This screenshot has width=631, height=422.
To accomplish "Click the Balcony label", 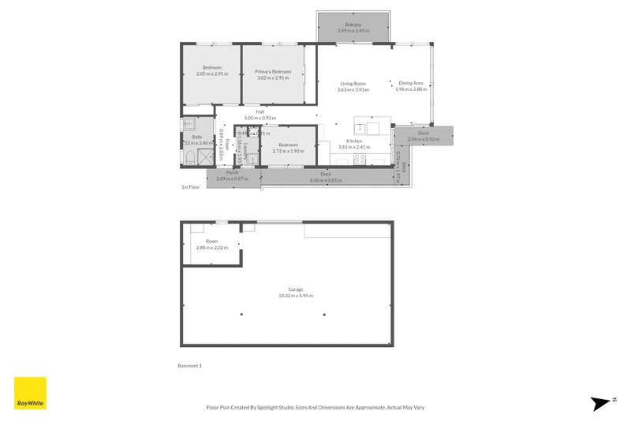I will coord(353,25).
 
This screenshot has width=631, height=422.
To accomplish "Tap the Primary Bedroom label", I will coord(273,71).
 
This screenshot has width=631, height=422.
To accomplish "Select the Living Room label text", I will coord(353,84).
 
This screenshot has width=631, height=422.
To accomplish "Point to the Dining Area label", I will coord(411,84).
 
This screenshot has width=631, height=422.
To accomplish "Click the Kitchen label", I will coord(353,141).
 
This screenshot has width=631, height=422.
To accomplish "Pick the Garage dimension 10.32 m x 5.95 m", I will coord(296,296).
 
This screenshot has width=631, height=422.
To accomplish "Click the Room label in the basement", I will coord(211,242).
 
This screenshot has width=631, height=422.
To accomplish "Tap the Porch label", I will coord(232,173).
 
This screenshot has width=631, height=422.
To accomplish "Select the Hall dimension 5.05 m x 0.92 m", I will coord(260,118).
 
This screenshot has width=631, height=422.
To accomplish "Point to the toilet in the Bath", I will coord(189,158).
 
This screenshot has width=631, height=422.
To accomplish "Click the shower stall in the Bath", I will coord(207,156).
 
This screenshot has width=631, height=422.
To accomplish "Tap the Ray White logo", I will coord(30,393).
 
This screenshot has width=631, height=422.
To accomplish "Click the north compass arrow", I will coord(602,403).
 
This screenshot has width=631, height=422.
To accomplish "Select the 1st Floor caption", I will coord(191,187).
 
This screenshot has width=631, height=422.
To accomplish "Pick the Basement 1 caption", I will coord(191,366).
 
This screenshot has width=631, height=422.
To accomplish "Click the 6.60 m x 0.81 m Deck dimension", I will coord(326,179).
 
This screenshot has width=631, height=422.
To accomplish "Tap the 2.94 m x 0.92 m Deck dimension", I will coord(424,140).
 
